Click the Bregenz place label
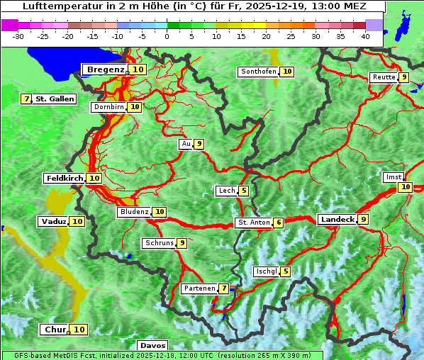pos(106,69)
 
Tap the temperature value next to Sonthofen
pos(287,72)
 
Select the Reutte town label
pos(383,77)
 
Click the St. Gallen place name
pos(55,99)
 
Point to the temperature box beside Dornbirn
pos(135,107)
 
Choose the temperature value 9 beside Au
pos(199,144)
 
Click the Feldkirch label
pos(64,179)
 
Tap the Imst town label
pos(393,177)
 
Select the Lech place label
pos(226,191)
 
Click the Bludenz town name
pos(134,212)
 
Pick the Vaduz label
pos(53,222)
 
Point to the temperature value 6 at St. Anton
pos(279,223)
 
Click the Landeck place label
pos(337,220)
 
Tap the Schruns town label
pos(159,243)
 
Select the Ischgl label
pos(266,271)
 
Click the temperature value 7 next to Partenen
pos(223,288)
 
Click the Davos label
pos(152,345)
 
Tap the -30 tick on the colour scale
pos(18,36)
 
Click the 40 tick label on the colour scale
pos(365,36)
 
